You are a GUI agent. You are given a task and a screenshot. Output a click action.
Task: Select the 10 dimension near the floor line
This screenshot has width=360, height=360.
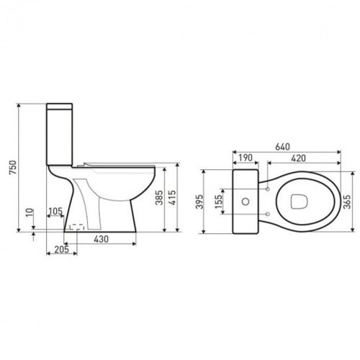coord(27,213)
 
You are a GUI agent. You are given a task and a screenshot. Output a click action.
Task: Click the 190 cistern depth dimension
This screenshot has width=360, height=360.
coord(246,158)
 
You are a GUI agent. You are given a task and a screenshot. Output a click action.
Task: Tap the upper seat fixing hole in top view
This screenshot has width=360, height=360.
coord(267,189)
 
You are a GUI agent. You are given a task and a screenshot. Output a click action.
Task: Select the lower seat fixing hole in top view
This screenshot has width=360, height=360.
coord(267,214)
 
